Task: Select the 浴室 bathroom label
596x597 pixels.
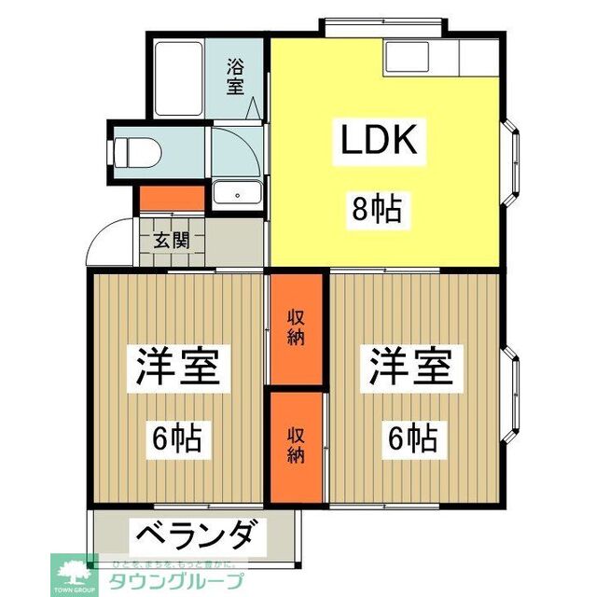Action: tap(235, 76)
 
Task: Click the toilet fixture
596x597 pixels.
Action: tap(136, 150)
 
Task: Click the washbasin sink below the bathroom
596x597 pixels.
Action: tap(238, 195)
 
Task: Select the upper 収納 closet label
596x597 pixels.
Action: tap(296, 327)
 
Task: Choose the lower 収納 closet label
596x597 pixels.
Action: tap(296, 444)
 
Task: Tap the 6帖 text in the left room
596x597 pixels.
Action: tap(176, 435)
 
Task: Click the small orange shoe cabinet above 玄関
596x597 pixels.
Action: tap(172, 199)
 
